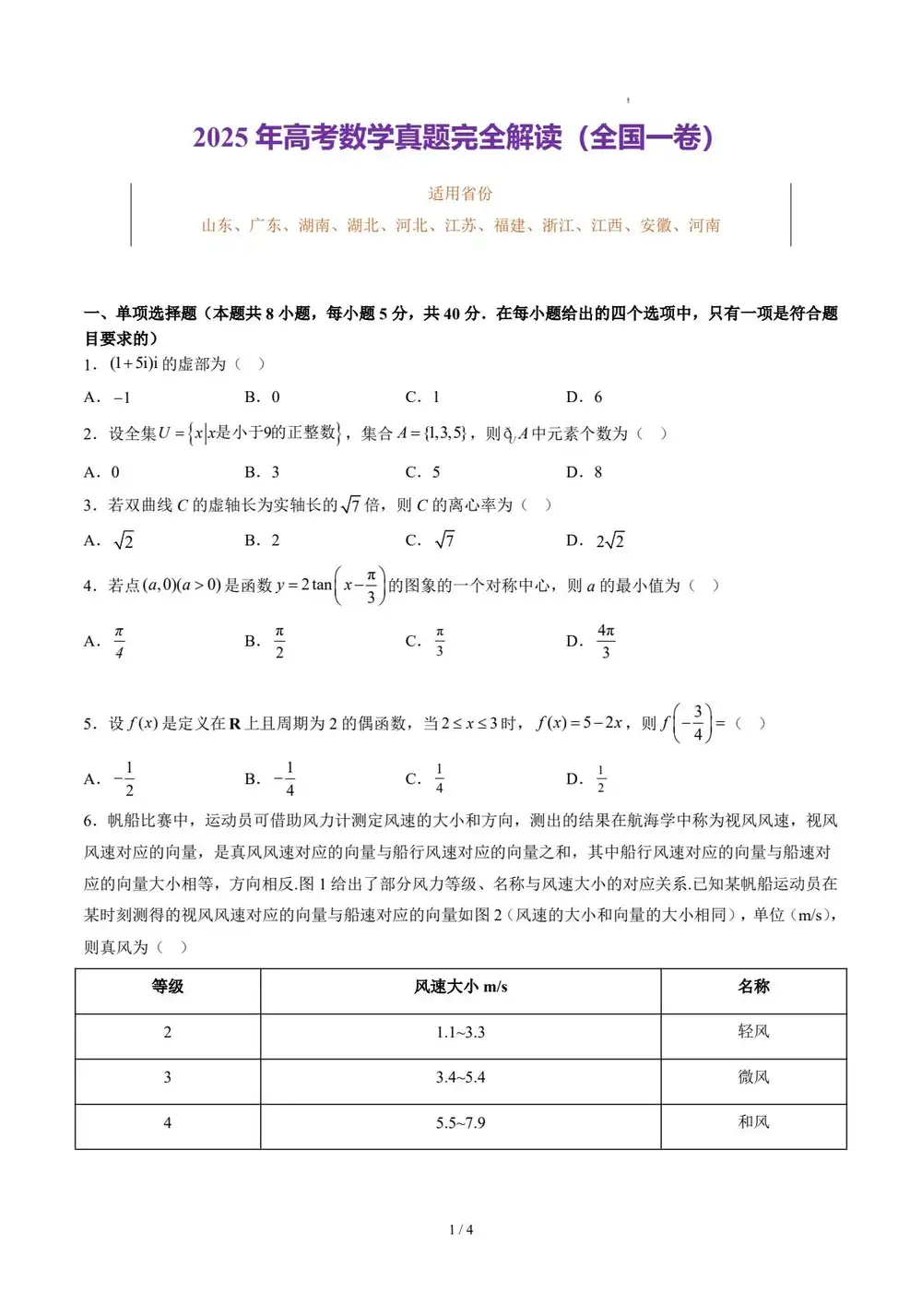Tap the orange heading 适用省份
click(460, 194)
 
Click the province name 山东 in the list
click(218, 225)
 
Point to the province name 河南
click(704, 225)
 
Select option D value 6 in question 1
click(597, 397)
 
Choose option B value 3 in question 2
click(275, 472)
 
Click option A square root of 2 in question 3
click(124, 541)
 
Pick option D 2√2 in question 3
click(609, 541)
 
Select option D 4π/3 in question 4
click(606, 641)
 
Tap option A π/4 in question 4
click(119, 642)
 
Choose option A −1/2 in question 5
click(124, 779)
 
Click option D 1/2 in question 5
click(601, 779)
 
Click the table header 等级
click(168, 987)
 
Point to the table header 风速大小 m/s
click(461, 987)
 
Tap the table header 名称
click(753, 987)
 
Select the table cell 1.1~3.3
click(461, 1033)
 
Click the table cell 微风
click(753, 1077)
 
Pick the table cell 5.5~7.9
click(461, 1123)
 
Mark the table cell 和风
click(753, 1122)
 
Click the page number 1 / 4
click(461, 1229)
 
